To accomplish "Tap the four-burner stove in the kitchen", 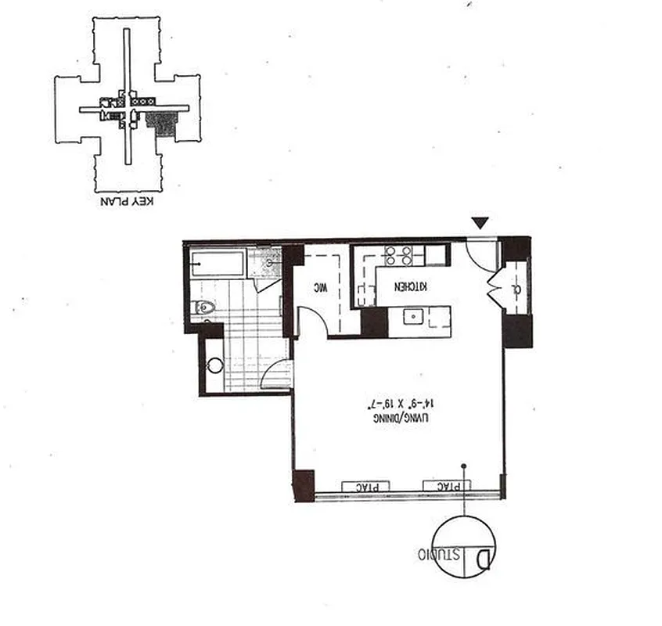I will click(x=399, y=256).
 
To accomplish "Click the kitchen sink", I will click(x=412, y=317).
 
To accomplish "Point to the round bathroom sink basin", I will click(x=213, y=365).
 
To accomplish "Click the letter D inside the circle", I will click(x=484, y=559).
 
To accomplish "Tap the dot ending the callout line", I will click(x=463, y=466).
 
